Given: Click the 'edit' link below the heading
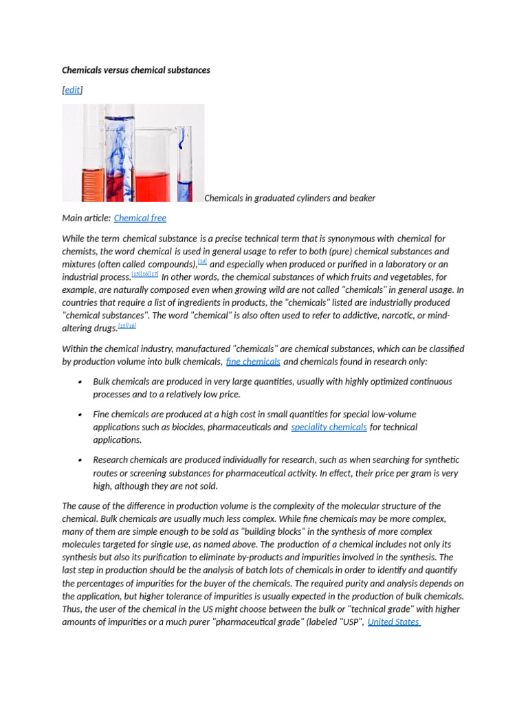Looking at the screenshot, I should coord(72,90).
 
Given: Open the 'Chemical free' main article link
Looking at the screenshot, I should coord(140,218).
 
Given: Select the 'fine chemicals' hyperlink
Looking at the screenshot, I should coord(253,362).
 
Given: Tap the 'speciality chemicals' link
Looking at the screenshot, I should coord(329,427).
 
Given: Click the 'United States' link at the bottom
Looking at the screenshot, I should coord(394,622).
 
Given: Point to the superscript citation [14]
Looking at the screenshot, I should coord(202,262).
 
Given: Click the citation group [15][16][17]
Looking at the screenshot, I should coord(145,274).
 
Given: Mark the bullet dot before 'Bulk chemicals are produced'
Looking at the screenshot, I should coord(80,382).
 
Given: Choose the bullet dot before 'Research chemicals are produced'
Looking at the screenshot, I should coord(80,460).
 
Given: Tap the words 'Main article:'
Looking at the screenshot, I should coord(86,218).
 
